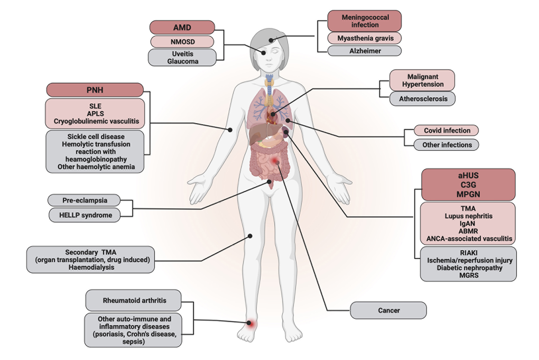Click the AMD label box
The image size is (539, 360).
tap(182, 27)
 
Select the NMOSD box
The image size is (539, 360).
tap(182, 41)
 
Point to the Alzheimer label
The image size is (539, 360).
tap(365, 51)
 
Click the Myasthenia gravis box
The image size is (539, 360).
tap(365, 38)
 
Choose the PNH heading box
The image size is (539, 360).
tap(95, 90)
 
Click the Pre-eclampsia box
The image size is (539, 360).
tap(84, 201)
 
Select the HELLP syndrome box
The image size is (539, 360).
tap(84, 215)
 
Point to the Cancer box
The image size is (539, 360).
tap(388, 310)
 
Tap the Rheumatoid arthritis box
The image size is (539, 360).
tap(134, 300)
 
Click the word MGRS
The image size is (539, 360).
tap(468, 275)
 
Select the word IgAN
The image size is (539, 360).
tap(468, 224)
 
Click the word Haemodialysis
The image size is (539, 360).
tap(91, 267)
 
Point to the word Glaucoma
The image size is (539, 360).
tap(182, 61)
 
